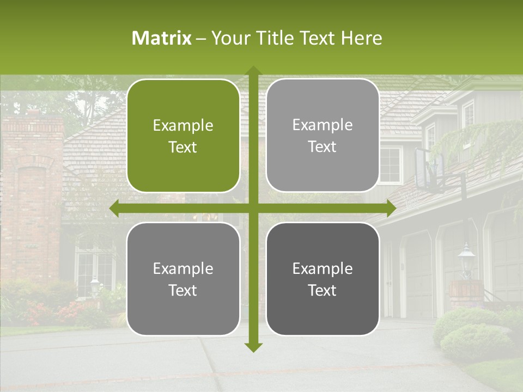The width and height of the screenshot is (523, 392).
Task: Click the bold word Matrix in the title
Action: [162, 38]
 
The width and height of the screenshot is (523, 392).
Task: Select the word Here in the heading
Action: [362, 38]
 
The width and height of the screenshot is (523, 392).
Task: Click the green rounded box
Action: [183, 136]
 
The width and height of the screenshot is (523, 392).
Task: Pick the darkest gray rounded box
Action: [323, 279]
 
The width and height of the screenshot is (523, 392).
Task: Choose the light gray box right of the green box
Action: [323, 136]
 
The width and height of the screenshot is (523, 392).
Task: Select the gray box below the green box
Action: [183, 279]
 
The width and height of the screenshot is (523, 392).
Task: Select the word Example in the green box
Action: [183, 126]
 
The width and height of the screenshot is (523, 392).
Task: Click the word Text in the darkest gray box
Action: [323, 290]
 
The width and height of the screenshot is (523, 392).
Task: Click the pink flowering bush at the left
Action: [38, 313]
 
